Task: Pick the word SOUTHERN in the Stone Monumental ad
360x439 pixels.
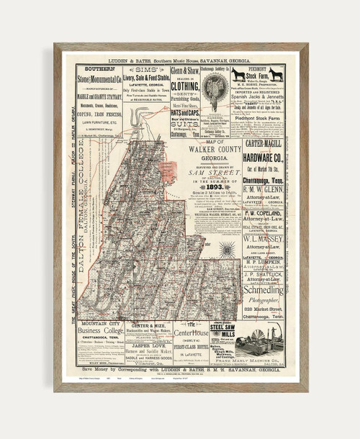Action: pyautogui.click(x=99, y=70)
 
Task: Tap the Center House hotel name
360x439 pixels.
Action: pyautogui.click(x=189, y=333)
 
